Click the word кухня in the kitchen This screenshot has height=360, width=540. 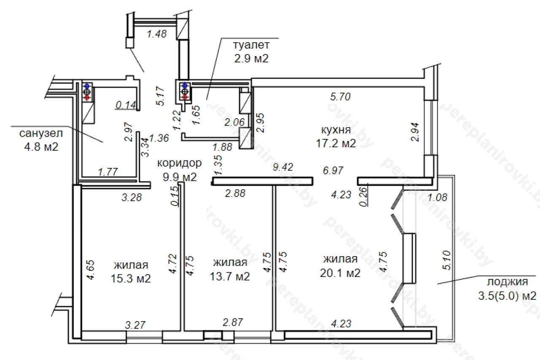[x=336, y=130]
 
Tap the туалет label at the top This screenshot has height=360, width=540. [x=251, y=45]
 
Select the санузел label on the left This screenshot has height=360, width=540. [x=41, y=133]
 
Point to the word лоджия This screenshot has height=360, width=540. [x=508, y=282]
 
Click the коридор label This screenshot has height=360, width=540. [x=179, y=163]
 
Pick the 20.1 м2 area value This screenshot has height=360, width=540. [x=340, y=273]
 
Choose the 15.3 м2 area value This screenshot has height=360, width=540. [x=131, y=279]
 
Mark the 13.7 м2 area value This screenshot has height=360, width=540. [x=230, y=276]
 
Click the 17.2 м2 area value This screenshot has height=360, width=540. [x=336, y=143]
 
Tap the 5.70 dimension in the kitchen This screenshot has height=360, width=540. [x=340, y=97]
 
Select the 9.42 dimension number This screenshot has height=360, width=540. [x=283, y=167]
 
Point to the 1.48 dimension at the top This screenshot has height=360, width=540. [x=157, y=34]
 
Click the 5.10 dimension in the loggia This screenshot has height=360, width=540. [x=447, y=260]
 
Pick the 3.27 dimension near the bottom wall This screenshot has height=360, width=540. [x=135, y=325]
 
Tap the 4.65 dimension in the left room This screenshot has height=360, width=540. [x=91, y=270]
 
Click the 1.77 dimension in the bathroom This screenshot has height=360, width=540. [x=108, y=172]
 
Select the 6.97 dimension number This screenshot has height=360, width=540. [x=333, y=171]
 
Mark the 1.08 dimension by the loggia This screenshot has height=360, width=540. [x=437, y=197]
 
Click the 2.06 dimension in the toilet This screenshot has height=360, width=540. [x=234, y=122]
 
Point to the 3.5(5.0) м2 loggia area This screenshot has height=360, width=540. [x=507, y=296]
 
